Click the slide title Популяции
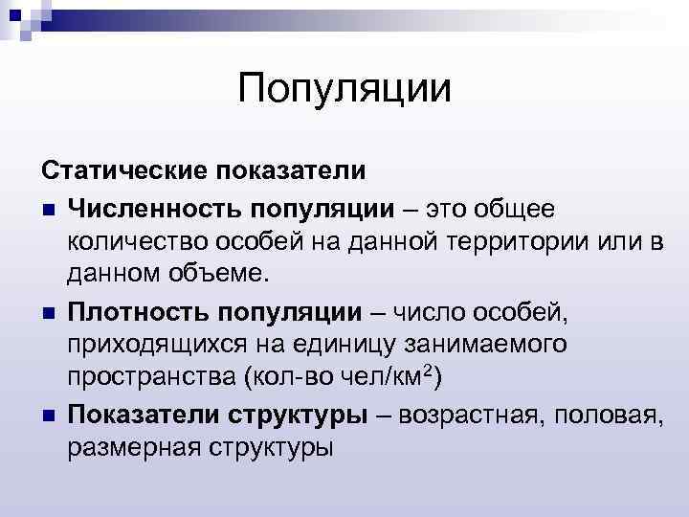click(344, 90)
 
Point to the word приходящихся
click(151, 346)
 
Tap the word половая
click(606, 415)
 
